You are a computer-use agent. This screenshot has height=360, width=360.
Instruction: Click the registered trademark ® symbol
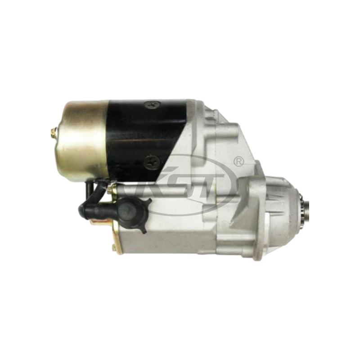click(x=239, y=161)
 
